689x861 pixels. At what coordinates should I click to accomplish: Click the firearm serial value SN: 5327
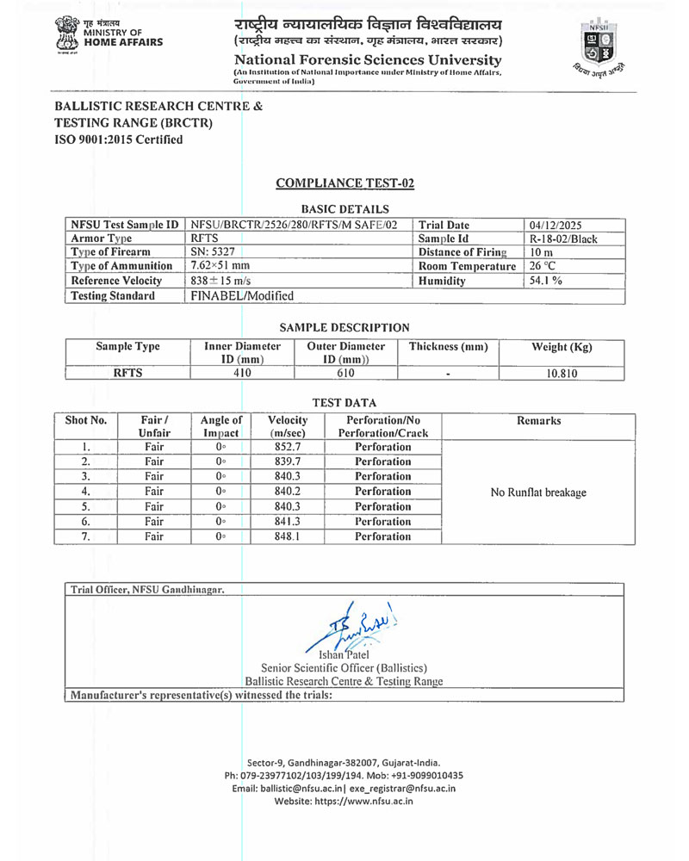pyautogui.click(x=214, y=252)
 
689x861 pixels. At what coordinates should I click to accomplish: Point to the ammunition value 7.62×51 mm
pyautogui.click(x=220, y=266)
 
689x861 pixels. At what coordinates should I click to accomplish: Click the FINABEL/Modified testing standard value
pyautogui.click(x=242, y=295)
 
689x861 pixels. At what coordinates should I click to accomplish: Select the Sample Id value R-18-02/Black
pyautogui.click(x=563, y=238)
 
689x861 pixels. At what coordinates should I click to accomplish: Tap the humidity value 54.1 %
pyautogui.click(x=547, y=281)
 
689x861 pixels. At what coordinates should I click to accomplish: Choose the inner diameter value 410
pyautogui.click(x=242, y=373)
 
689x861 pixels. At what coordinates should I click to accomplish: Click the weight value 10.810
pyautogui.click(x=561, y=373)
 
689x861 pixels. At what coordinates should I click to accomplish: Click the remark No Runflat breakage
pyautogui.click(x=537, y=492)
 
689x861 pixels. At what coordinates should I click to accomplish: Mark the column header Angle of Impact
pyautogui.click(x=220, y=426)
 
